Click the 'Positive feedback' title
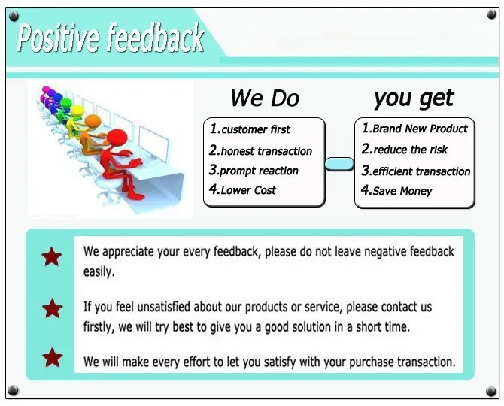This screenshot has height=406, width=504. pyautogui.click(x=111, y=38)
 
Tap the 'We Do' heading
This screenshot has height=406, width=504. pyautogui.click(x=265, y=98)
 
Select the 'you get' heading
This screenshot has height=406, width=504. pyautogui.click(x=414, y=98)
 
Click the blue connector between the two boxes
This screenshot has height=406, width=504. pyautogui.click(x=339, y=164)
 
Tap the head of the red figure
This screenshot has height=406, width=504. pyautogui.click(x=117, y=138)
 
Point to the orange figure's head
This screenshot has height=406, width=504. pyautogui.click(x=93, y=121)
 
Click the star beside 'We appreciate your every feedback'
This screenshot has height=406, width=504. pyautogui.click(x=52, y=256)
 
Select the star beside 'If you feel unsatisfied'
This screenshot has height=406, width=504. pyautogui.click(x=53, y=308)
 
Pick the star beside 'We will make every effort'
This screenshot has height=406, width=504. pyautogui.click(x=53, y=357)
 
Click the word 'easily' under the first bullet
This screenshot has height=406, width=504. pyautogui.click(x=99, y=272)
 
